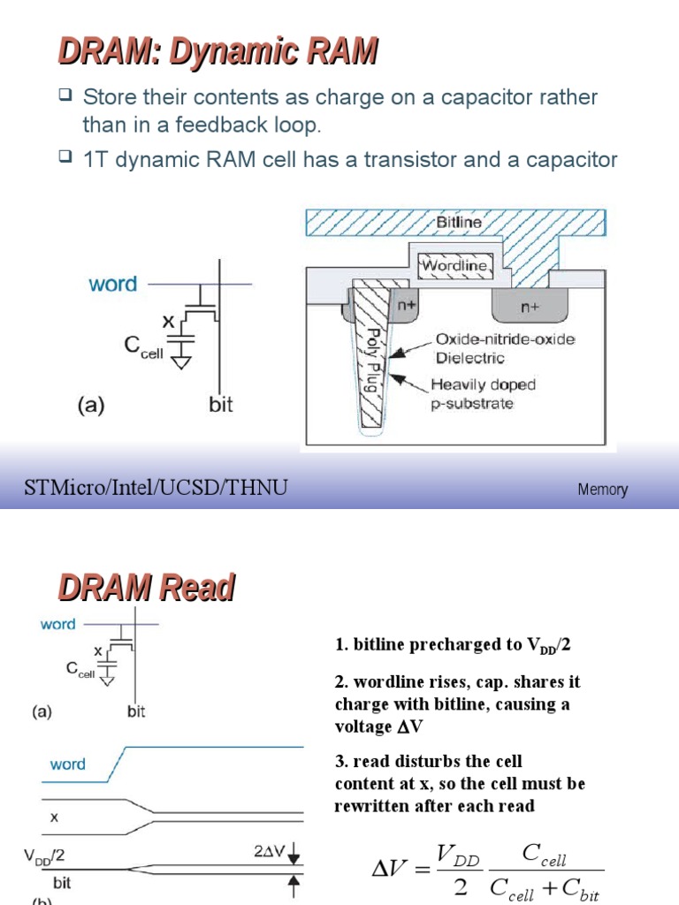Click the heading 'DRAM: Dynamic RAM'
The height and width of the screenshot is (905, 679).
click(217, 52)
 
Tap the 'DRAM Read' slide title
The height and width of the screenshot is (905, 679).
click(147, 587)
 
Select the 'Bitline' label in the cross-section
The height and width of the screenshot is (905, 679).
click(459, 223)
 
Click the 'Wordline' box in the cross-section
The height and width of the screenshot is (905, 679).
click(453, 265)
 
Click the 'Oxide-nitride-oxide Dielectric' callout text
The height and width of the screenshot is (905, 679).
click(501, 349)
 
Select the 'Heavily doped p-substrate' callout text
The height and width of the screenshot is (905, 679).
click(483, 393)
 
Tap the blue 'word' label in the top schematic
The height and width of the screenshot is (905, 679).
click(112, 284)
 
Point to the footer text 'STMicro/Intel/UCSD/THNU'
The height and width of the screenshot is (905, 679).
click(156, 488)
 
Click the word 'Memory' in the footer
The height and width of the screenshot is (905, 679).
click(603, 489)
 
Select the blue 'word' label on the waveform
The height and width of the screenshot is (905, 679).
click(67, 764)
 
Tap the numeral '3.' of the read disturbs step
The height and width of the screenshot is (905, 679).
click(341, 761)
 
